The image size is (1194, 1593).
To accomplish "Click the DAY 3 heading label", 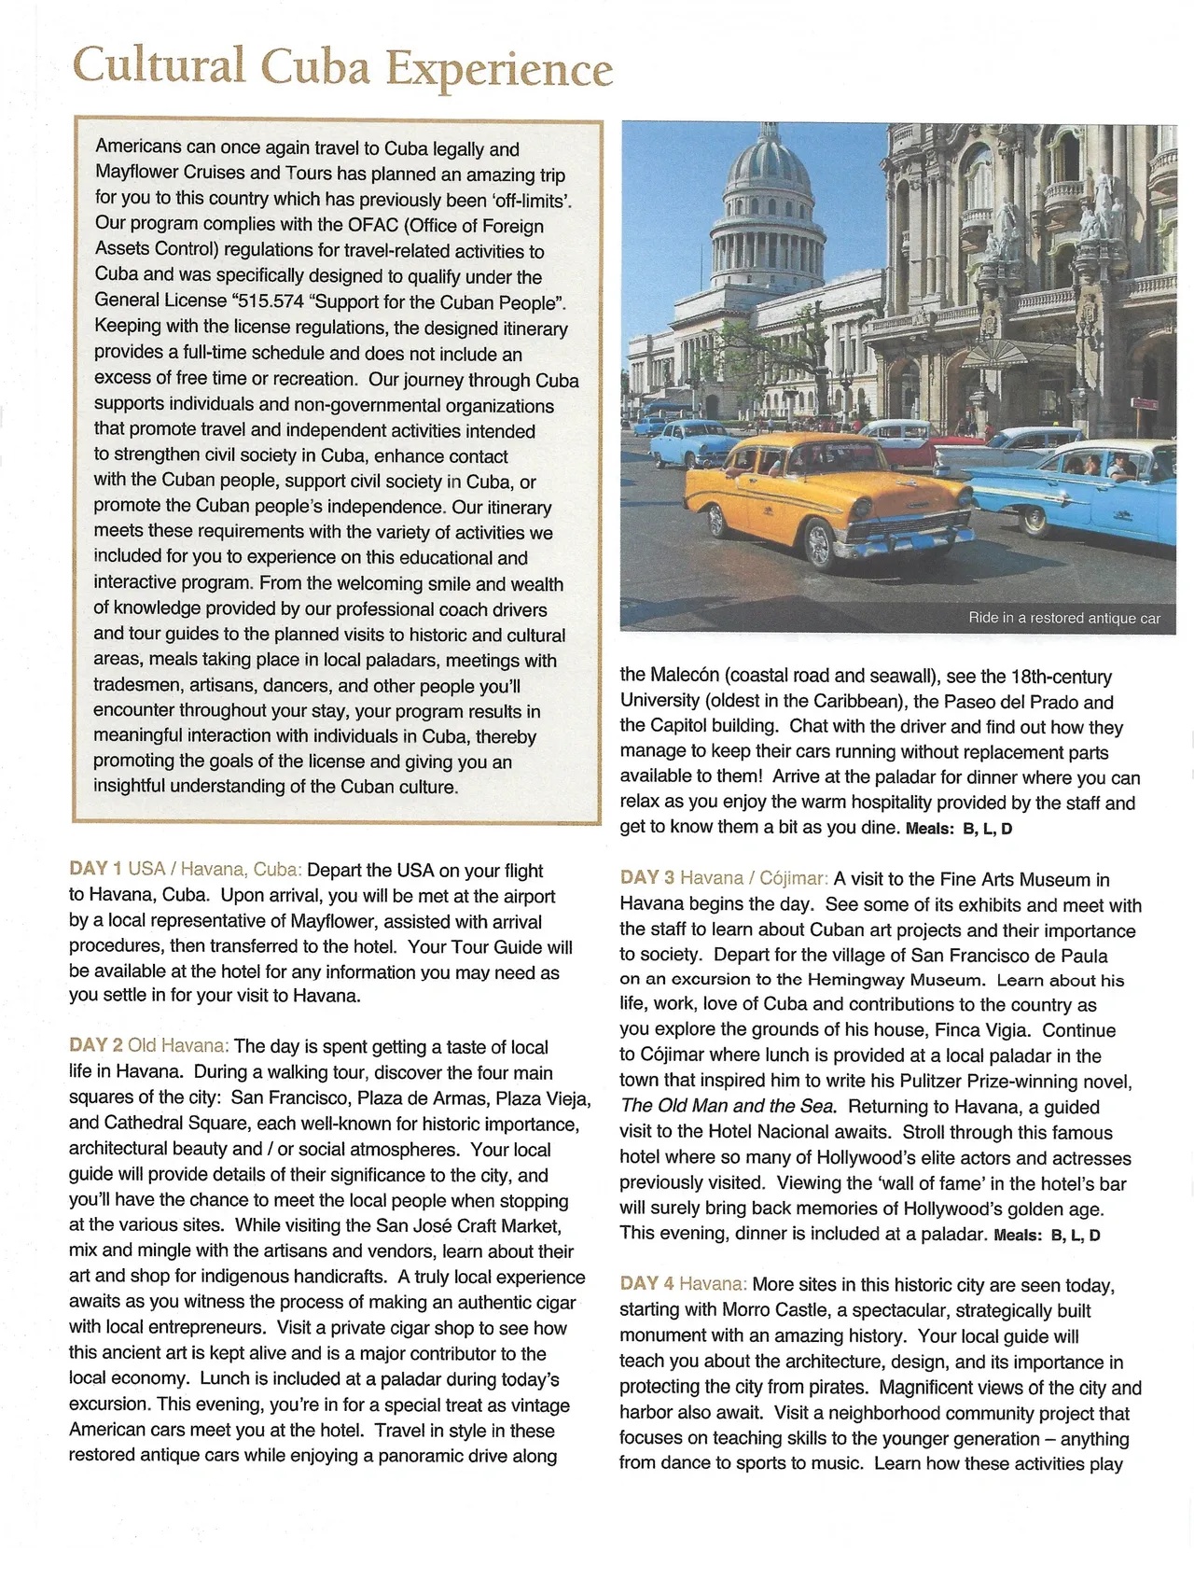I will click(x=646, y=878).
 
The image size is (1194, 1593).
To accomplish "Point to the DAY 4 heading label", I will click(x=646, y=1284).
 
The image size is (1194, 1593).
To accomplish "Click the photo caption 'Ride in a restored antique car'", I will click(x=1063, y=618).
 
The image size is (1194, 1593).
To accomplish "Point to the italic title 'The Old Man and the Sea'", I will click(x=728, y=1107).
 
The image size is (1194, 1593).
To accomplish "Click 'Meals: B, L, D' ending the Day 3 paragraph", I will click(x=1047, y=1235).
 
